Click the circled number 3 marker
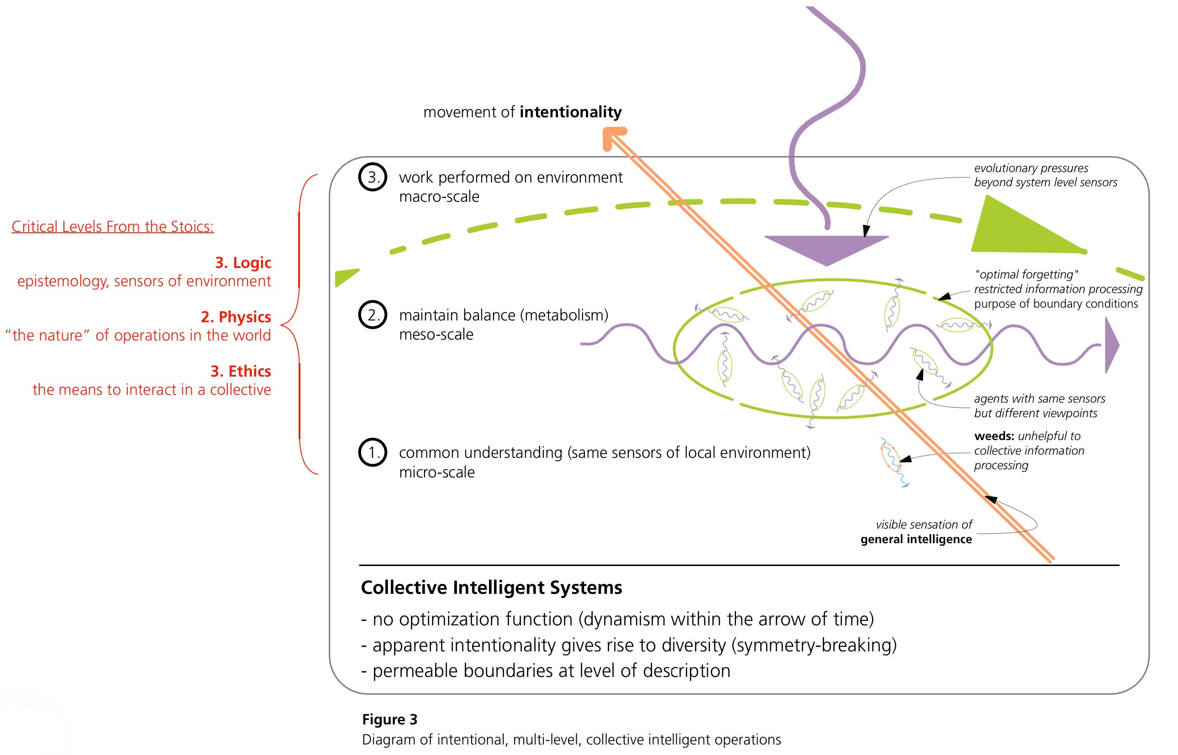[373, 177]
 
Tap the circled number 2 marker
[373, 315]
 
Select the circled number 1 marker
[373, 452]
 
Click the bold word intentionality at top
[570, 112]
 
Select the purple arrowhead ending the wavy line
[1111, 345]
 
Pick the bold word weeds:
[994, 436]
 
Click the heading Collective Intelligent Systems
[491, 587]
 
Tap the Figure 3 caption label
[389, 719]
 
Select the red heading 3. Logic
[243, 263]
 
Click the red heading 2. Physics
[236, 317]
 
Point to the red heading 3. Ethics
[240, 371]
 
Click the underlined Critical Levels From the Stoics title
[113, 226]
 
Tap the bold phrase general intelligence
[916, 539]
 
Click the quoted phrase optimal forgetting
[1026, 274]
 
